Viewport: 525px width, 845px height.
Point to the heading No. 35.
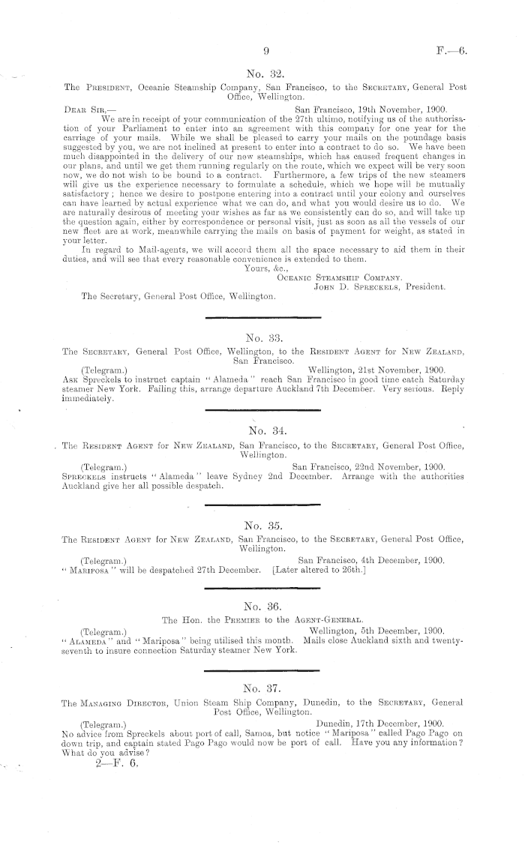tap(266, 517)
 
